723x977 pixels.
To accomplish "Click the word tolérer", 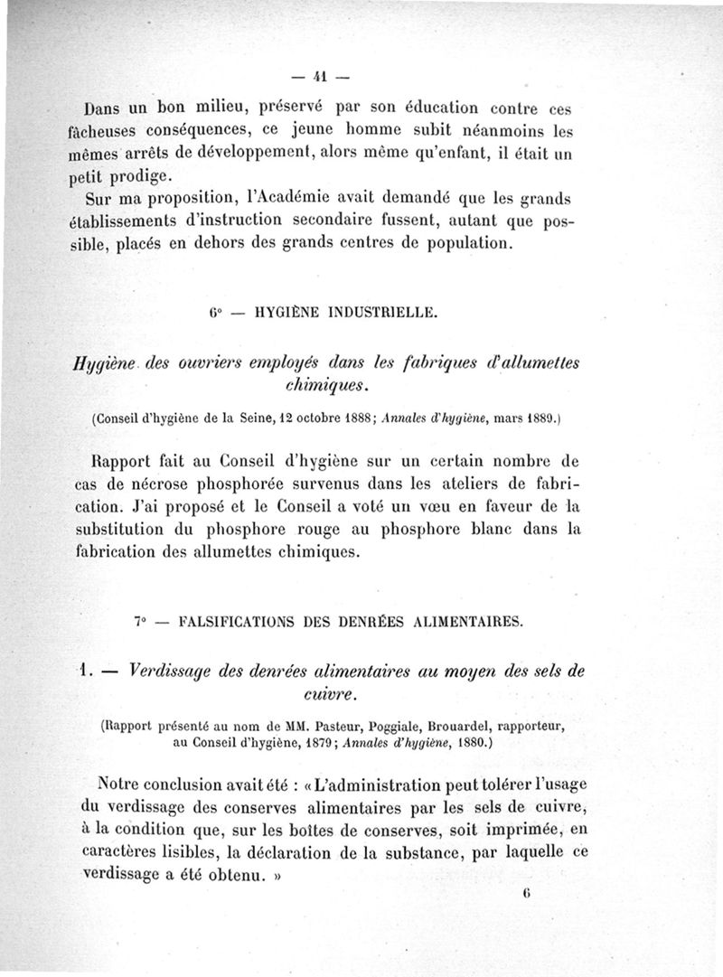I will pyautogui.click(x=520, y=782).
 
